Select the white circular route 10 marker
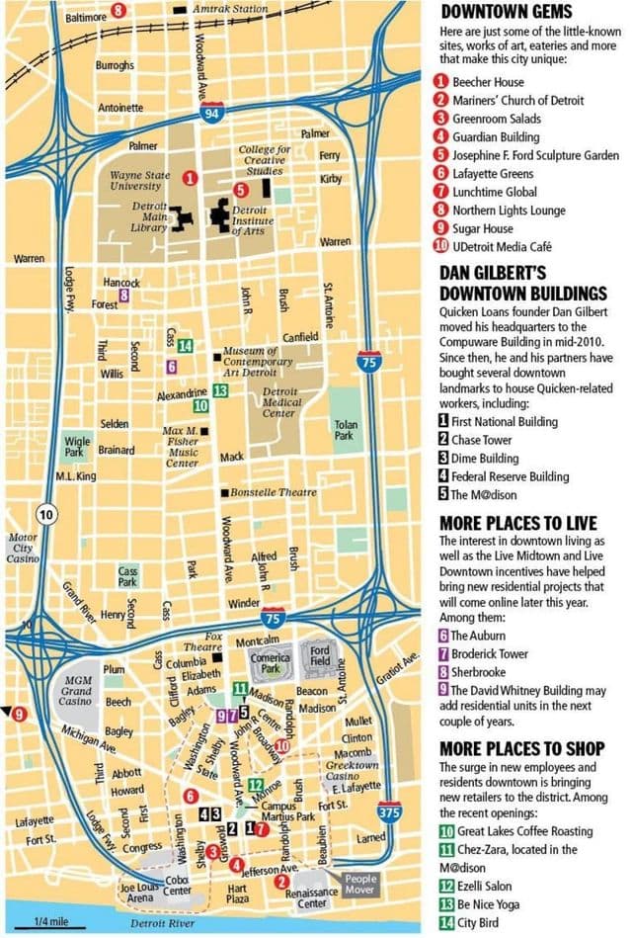44,514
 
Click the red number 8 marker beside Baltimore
118,11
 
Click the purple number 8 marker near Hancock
123,295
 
